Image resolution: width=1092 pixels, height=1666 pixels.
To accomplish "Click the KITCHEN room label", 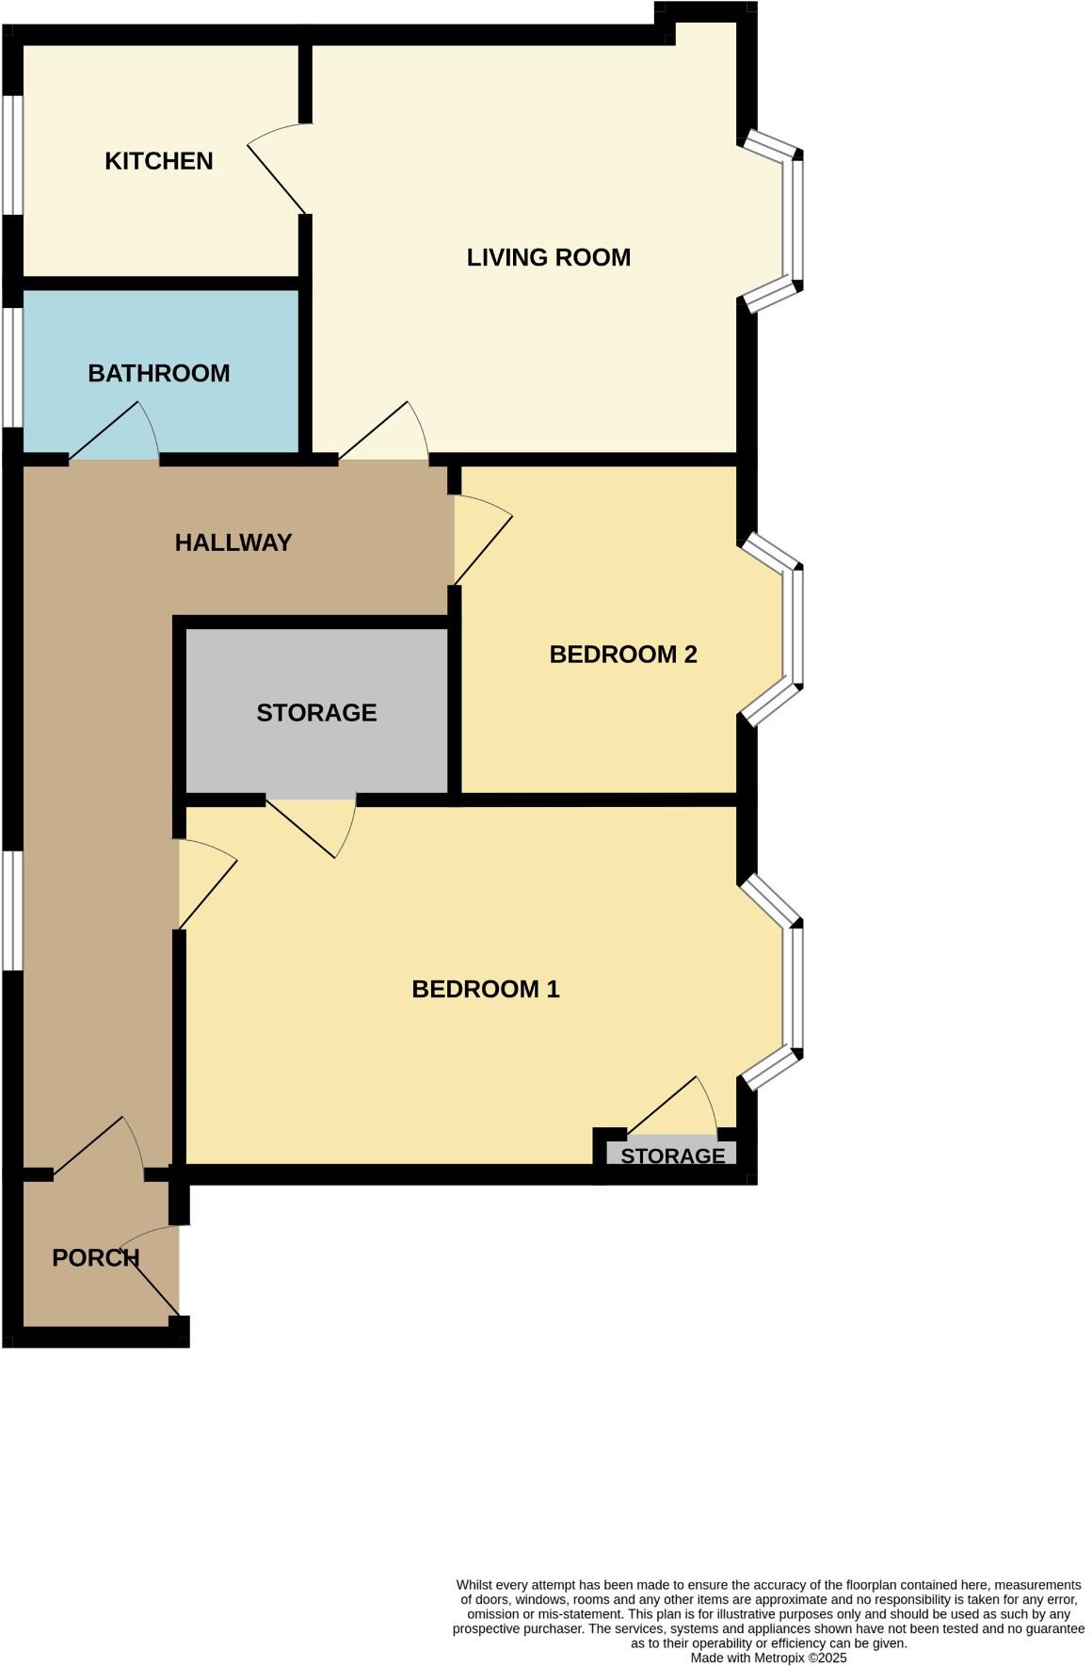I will coord(158,161).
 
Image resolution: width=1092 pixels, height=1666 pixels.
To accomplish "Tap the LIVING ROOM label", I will coord(548,257).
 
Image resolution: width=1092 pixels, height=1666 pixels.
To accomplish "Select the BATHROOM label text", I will coord(158,373).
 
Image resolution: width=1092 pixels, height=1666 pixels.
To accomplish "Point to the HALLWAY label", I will coord(233,542).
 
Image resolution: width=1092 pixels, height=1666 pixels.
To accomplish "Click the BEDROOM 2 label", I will coord(623,655).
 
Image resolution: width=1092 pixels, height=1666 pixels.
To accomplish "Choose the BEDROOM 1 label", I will coord(486,989).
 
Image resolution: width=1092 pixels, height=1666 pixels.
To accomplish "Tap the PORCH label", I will coord(95,1258).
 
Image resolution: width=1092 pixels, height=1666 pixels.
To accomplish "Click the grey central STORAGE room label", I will coord(316,713).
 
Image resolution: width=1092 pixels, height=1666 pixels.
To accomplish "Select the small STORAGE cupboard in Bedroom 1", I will coord(672,1155).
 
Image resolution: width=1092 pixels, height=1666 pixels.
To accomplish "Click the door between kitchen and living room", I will coord(281,170).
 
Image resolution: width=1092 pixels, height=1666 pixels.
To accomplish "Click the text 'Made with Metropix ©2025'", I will coord(768,1658).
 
